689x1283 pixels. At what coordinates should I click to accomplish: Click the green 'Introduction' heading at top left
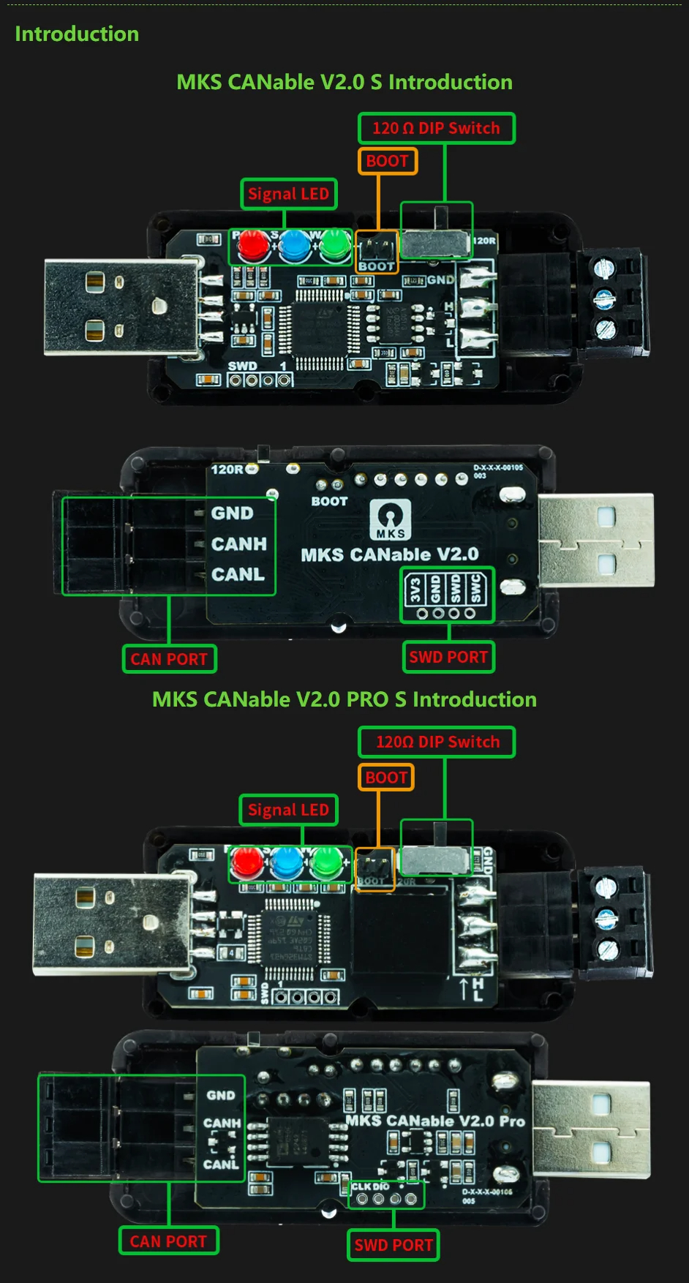click(77, 34)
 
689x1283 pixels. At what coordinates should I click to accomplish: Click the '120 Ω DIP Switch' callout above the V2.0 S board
click(436, 128)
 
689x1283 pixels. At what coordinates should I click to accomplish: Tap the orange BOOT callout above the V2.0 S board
click(387, 161)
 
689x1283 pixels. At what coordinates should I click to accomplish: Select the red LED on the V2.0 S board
click(252, 246)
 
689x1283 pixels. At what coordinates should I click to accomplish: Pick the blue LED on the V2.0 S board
click(293, 246)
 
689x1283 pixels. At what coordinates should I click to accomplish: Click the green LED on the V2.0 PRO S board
click(325, 864)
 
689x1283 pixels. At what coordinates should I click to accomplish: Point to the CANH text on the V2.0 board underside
click(238, 544)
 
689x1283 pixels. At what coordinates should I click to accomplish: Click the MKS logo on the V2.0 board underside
click(390, 519)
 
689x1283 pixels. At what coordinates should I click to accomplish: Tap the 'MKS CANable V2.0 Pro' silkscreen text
click(434, 1121)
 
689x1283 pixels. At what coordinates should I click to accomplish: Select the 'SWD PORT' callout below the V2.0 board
click(448, 657)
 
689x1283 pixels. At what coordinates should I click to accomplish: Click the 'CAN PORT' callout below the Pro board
click(168, 1241)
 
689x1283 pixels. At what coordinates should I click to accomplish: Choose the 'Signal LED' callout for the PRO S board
click(288, 810)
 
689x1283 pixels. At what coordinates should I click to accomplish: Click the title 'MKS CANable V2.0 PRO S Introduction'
click(344, 699)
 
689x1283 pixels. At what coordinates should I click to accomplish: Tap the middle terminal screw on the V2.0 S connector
click(604, 297)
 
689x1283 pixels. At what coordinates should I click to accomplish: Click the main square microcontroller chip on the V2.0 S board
click(320, 328)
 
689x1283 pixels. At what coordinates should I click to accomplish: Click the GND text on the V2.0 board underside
click(232, 513)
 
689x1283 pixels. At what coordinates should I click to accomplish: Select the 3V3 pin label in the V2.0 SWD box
click(415, 590)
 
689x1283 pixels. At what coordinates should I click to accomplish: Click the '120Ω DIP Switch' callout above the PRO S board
click(437, 742)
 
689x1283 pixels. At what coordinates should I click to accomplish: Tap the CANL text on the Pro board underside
click(220, 1164)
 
